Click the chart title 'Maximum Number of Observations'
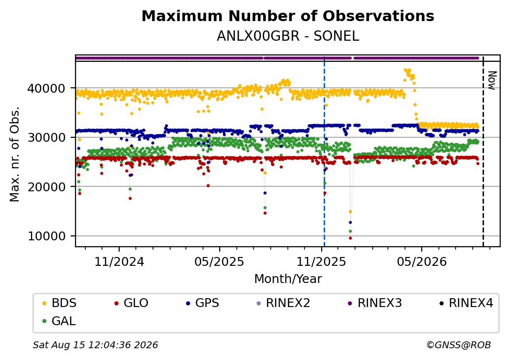coord(288,16)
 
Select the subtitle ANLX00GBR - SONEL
coord(288,36)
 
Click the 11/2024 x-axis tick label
coord(119,261)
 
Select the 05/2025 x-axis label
coord(219,261)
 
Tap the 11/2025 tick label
coord(321,261)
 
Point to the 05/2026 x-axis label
coord(422,261)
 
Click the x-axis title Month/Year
coord(288,279)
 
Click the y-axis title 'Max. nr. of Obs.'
coord(15,154)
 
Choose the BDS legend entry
coord(59,303)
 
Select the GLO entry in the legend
coord(131,303)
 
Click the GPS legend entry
coord(203,303)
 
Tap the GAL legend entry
coord(59,321)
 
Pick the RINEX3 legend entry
coord(375,303)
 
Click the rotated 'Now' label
coord(492,80)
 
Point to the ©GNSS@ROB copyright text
coord(459,345)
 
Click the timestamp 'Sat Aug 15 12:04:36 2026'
coord(95,345)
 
